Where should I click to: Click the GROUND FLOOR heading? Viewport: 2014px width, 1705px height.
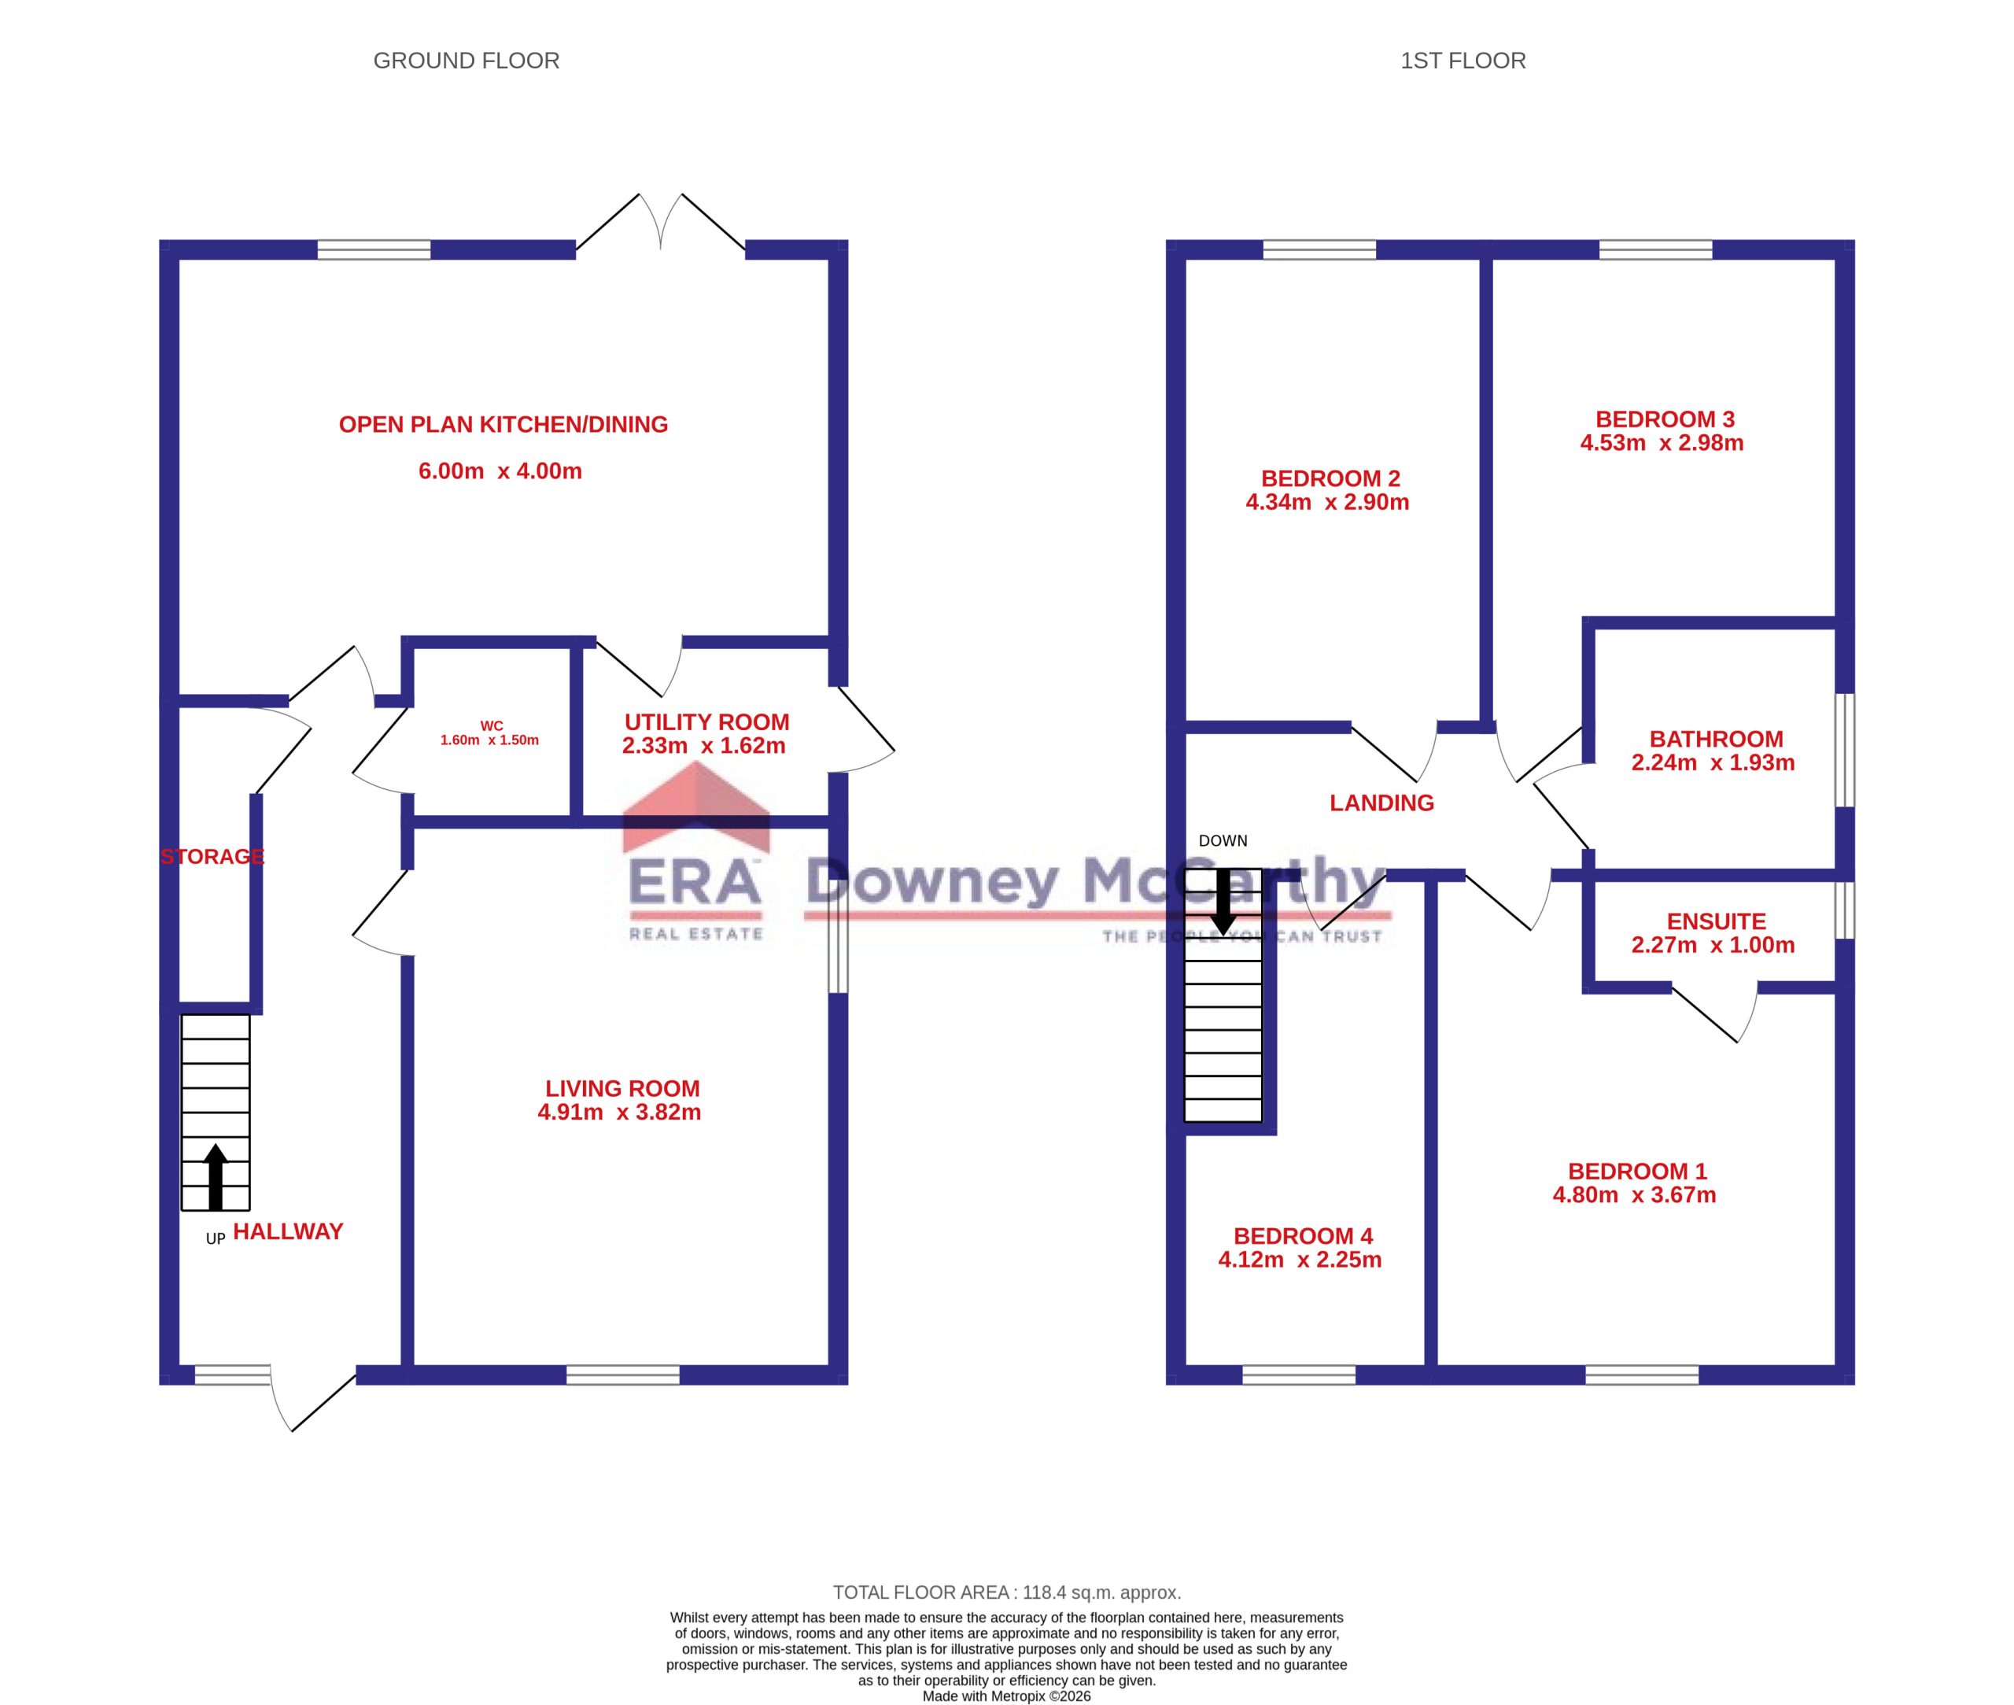coord(466,61)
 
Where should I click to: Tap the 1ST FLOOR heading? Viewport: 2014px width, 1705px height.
coord(1463,61)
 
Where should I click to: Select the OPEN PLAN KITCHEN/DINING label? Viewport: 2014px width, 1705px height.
coord(503,424)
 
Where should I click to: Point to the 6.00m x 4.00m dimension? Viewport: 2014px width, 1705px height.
coord(500,471)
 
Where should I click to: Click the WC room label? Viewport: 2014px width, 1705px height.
coord(491,726)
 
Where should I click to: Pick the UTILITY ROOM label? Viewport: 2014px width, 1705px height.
coord(706,722)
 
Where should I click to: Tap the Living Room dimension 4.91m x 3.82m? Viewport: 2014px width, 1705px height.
coord(619,1112)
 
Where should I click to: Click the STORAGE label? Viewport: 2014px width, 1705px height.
coord(212,856)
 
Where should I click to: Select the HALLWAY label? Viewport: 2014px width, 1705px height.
coord(288,1231)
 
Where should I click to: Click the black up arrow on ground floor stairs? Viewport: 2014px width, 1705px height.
coord(216,1176)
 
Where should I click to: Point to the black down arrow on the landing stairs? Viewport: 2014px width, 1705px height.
coord(1223,902)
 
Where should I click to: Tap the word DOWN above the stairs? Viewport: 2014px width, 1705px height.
coord(1223,841)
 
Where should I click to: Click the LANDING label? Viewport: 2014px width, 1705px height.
coord(1381,803)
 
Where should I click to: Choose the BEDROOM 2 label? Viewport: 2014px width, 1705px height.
coord(1330,478)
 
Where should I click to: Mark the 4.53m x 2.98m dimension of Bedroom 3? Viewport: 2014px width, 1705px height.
coord(1662,443)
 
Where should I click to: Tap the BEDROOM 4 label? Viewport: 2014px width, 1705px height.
coord(1303,1236)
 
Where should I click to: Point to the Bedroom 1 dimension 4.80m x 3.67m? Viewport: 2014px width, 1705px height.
coord(1634,1194)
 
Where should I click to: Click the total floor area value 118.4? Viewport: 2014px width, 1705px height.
coord(1046,1592)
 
